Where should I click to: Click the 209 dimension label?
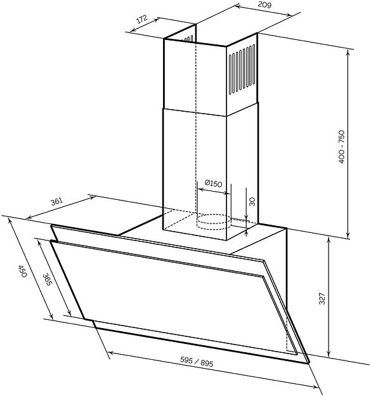coord(264,5)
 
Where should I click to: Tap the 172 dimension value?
coord(142,20)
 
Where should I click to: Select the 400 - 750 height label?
coord(341,147)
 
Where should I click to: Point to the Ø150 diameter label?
coord(213,183)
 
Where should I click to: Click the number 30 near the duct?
coord(252,202)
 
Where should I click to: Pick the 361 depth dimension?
coord(56,202)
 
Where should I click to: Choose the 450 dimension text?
coord(22,271)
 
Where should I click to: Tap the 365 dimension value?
coord(47,279)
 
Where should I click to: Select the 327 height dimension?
coord(322,298)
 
